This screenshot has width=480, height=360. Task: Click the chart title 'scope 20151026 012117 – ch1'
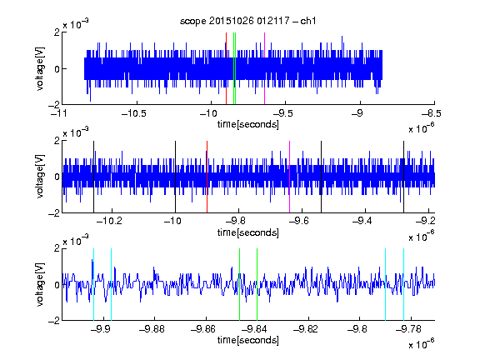point(247,21)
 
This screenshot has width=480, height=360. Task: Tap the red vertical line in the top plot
point(226,68)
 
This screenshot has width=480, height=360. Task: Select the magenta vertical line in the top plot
point(264,68)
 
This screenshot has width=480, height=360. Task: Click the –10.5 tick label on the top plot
point(134,113)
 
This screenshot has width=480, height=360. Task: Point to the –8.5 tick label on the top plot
point(432,113)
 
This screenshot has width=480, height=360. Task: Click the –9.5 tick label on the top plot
point(282,113)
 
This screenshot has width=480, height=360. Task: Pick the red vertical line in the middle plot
point(207,177)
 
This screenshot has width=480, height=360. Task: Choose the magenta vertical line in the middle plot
point(290,177)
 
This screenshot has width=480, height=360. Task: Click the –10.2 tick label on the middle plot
point(109,221)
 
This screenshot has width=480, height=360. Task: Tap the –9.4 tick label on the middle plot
point(362,221)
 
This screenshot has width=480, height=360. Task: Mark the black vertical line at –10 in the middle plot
point(175,177)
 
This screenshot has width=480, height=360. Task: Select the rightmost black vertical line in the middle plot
point(404,177)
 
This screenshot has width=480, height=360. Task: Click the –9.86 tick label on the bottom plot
point(203,329)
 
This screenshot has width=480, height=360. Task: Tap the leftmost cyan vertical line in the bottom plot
point(93,284)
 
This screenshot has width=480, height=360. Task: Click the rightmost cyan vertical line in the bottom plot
point(404,284)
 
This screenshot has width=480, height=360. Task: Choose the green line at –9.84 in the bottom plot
point(257,284)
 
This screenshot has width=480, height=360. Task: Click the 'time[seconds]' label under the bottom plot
point(248,340)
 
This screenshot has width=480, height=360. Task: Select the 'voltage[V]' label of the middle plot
point(40,177)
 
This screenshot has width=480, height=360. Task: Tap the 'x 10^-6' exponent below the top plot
point(422,127)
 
